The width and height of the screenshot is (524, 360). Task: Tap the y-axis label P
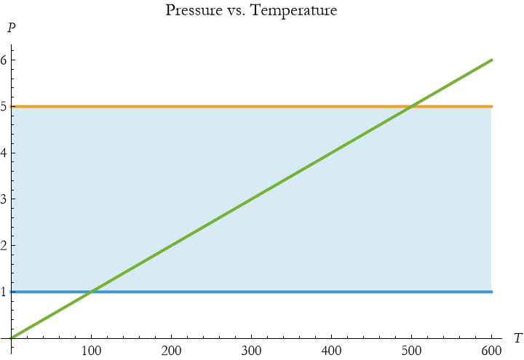point(11,29)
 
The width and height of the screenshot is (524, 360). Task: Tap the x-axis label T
point(517,338)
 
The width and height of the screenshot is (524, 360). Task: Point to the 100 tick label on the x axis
point(92,351)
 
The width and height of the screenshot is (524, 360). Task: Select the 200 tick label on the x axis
point(172,351)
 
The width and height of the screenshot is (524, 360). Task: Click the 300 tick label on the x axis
point(252,351)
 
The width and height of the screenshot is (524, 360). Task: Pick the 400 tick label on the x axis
point(332,351)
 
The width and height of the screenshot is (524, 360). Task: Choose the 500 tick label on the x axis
point(412,351)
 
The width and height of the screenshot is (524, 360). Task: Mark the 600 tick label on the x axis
point(492,351)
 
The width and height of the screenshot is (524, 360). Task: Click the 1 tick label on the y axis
point(4,292)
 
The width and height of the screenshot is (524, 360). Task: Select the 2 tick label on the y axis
point(4,246)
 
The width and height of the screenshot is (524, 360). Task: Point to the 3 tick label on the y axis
point(4,199)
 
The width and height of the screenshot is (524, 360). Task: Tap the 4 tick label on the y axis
point(4,153)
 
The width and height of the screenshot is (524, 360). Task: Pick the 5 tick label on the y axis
point(4,107)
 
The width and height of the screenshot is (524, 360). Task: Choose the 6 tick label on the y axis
point(4,60)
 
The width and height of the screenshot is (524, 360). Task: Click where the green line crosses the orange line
point(412,107)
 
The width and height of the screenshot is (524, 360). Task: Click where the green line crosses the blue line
point(92,292)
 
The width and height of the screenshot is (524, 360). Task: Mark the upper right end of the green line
point(492,60)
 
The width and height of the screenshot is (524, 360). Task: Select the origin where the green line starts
point(12,338)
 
